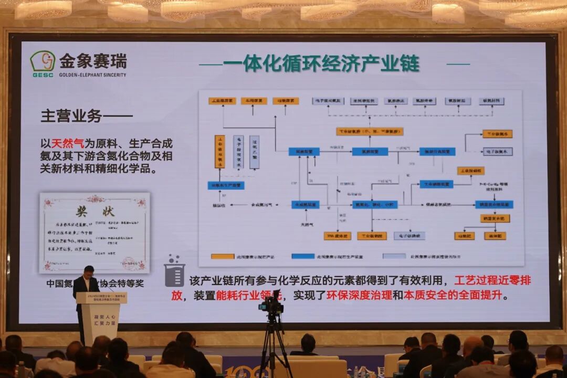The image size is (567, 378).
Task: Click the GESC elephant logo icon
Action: [43, 61]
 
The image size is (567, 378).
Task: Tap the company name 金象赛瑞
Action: [92, 61]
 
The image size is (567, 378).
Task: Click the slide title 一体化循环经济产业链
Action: [321, 64]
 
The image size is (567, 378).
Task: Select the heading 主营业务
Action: [71, 116]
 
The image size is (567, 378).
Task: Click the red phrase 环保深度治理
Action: [359, 295]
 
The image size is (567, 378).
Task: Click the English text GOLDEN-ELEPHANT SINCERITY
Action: [92, 75]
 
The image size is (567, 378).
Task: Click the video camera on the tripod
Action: [271, 304]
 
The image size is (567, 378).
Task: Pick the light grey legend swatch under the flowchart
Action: [394, 257]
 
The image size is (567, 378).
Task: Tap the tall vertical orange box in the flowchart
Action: [220, 152]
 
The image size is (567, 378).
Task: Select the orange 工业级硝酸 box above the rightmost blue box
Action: [470, 171]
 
